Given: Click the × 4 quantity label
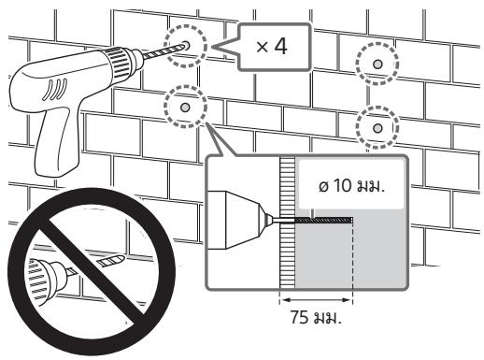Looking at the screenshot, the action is (272, 47).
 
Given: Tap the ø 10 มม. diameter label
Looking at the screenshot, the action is (351, 186).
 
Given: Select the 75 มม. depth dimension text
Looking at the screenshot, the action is (316, 317).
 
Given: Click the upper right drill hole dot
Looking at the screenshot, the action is (377, 65).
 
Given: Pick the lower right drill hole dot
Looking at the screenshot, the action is (377, 128).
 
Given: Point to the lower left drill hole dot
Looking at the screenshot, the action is (185, 108).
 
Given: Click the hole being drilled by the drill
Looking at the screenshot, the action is (187, 45).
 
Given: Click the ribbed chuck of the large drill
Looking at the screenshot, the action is (119, 63).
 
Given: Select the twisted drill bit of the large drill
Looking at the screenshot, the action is (164, 51).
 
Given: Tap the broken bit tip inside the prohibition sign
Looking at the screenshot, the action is (111, 260).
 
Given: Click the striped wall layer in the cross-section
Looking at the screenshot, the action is (287, 223).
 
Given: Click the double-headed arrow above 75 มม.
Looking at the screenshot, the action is (316, 300).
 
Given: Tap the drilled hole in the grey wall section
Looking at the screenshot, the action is (323, 221).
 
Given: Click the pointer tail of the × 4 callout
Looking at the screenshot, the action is (225, 48).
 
